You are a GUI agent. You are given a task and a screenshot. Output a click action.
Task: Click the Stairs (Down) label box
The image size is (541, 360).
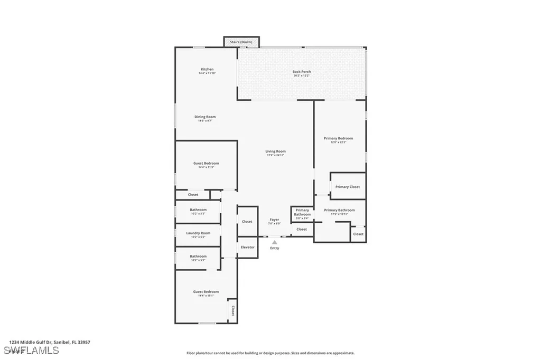click(237, 41)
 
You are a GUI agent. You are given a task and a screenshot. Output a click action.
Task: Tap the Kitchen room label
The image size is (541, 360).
click(207, 70)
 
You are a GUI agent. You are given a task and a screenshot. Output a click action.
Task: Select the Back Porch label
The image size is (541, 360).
click(302, 72)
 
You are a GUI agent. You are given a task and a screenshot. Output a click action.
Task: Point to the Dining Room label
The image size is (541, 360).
click(206, 117)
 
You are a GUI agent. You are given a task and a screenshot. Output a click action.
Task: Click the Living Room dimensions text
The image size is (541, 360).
click(275, 155)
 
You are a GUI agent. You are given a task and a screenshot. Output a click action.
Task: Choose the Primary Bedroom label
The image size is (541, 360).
click(338, 138)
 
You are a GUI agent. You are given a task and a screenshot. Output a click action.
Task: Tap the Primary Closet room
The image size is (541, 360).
click(348, 187)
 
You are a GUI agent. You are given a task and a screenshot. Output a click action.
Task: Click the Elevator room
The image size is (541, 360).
click(248, 247)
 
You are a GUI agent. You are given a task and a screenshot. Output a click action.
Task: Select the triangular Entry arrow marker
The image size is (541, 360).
click(274, 242)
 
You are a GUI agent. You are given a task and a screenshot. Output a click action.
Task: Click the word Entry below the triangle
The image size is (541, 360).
click(275, 248)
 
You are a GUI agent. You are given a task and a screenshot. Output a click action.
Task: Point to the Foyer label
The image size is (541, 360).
click(274, 220)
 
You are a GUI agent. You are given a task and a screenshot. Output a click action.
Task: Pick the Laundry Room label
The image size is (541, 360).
click(198, 233)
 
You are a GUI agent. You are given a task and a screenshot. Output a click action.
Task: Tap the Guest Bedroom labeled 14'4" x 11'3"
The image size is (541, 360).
click(206, 164)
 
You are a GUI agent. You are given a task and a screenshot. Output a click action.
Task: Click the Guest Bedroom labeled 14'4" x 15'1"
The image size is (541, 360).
click(206, 292)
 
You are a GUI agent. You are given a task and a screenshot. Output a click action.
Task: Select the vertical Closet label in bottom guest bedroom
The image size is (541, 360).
click(233, 309)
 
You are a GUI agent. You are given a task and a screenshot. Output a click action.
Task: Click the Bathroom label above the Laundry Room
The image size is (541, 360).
click(198, 210)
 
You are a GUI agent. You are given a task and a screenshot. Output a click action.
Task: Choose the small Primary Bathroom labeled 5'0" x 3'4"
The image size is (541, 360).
click(302, 212)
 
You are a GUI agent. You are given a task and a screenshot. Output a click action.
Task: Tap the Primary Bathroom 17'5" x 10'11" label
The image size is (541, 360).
click(339, 210)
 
